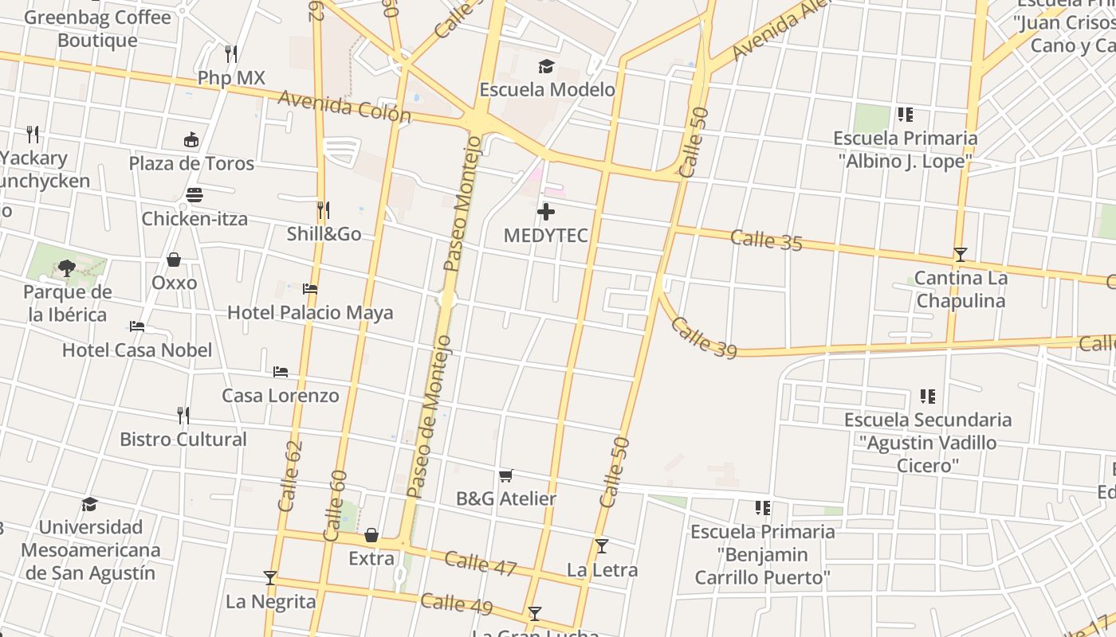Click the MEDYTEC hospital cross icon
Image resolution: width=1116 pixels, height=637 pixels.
coord(546,212)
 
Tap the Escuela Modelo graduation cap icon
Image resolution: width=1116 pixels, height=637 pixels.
coord(546,66)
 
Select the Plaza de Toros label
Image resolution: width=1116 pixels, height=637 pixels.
coord(191,163)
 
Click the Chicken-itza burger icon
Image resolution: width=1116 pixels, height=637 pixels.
coord(194,195)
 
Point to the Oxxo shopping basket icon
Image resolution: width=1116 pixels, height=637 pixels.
coord(174,260)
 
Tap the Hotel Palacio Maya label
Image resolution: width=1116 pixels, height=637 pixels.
coord(310,312)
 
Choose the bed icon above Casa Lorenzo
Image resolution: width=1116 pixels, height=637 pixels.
coord(281,372)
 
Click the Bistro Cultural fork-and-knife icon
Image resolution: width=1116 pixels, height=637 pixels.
coord(183,416)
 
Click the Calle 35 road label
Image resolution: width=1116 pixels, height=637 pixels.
coord(766,239)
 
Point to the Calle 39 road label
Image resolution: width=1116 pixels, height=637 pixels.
coord(703,337)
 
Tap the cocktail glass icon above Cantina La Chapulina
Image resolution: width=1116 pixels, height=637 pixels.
coord(961,255)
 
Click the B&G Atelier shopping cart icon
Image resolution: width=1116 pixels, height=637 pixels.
coord(505,475)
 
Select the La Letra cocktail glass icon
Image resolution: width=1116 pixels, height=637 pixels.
coord(602,546)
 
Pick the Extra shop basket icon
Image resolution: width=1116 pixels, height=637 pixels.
coord(371,535)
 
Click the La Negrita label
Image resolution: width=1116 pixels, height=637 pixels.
coord(270,601)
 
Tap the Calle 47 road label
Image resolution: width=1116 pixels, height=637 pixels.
coord(481,563)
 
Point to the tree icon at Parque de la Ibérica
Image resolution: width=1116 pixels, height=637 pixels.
coord(67,268)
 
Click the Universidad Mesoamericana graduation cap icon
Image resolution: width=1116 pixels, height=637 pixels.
coord(90,504)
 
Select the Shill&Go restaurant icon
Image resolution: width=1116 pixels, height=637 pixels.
coord(323,210)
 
